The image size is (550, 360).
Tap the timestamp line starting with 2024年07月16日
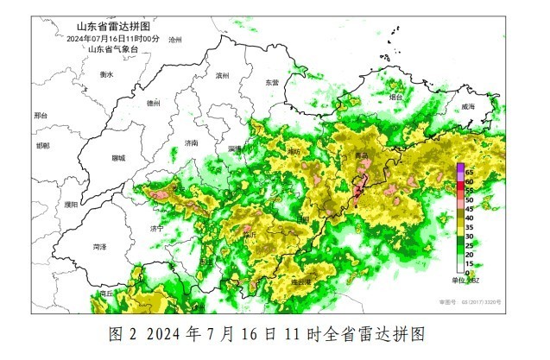(111, 39)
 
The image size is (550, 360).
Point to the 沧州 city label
(175, 41)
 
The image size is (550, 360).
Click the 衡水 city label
(106, 75)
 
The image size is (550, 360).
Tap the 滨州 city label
(222, 76)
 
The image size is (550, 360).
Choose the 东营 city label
(272, 82)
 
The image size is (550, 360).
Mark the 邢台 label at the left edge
(41, 116)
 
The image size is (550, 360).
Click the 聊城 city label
(118, 159)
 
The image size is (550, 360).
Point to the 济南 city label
(192, 142)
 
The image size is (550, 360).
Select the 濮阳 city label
(71, 205)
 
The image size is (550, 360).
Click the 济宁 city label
(156, 229)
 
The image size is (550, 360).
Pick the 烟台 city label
(396, 98)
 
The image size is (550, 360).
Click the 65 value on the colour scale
(471, 173)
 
